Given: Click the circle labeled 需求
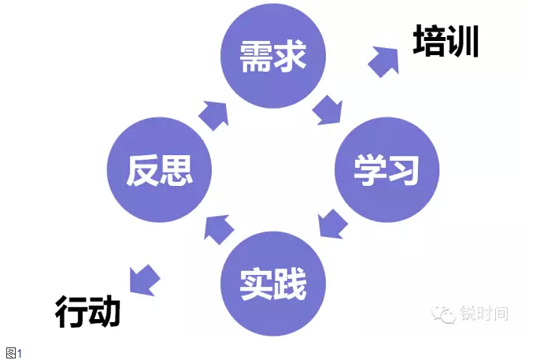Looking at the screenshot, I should [x=272, y=58].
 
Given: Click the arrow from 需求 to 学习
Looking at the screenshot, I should [x=327, y=109].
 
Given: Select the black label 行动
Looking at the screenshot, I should [x=87, y=312].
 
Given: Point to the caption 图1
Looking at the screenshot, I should [x=13, y=352].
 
